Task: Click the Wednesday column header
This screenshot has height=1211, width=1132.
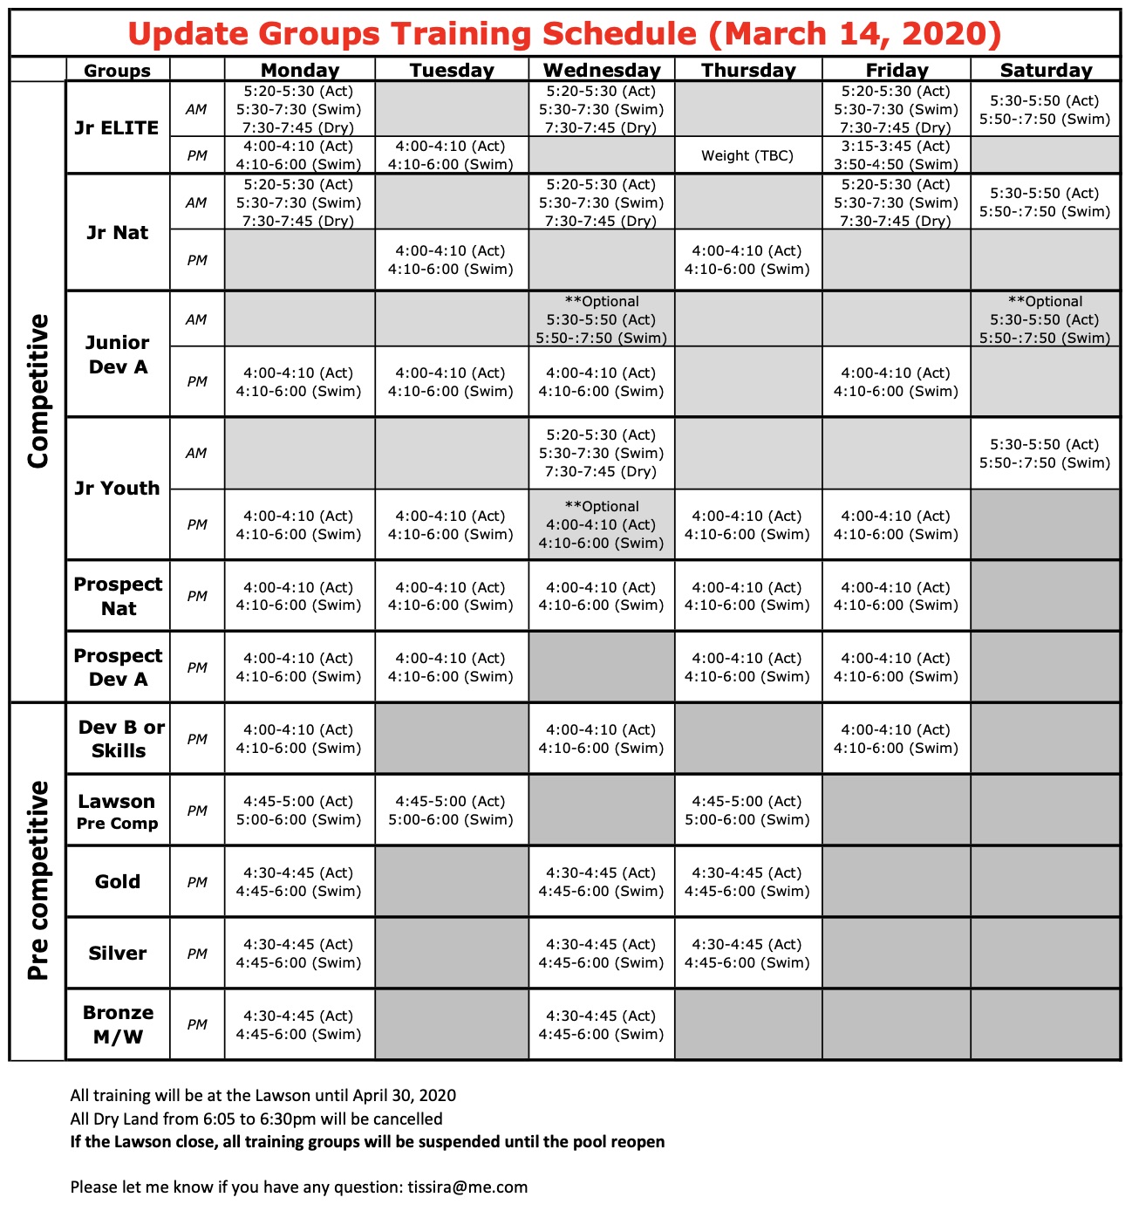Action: (602, 71)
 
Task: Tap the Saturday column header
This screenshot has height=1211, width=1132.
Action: (1046, 71)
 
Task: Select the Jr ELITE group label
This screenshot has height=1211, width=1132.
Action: (117, 127)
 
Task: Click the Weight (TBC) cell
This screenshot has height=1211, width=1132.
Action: (747, 156)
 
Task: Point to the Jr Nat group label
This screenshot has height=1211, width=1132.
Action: (117, 233)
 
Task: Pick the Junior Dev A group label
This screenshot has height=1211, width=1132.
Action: (117, 354)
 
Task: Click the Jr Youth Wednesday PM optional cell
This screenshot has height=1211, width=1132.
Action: (601, 524)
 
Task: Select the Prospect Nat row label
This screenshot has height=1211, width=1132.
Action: (118, 596)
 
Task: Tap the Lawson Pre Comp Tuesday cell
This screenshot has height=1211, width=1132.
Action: (451, 811)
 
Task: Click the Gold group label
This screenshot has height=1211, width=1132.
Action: (118, 881)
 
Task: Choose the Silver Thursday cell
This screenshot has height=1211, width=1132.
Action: (747, 954)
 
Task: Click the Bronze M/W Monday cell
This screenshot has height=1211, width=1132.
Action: (298, 1025)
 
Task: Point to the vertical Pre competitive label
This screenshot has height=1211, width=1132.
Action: (38, 881)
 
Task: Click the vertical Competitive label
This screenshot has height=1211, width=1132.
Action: (38, 391)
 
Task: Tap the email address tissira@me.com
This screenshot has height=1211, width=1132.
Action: (467, 1187)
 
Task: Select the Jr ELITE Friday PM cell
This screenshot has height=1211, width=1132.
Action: (896, 155)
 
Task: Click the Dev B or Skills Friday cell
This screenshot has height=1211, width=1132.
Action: (896, 739)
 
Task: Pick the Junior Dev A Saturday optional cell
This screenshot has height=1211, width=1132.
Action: (1045, 319)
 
